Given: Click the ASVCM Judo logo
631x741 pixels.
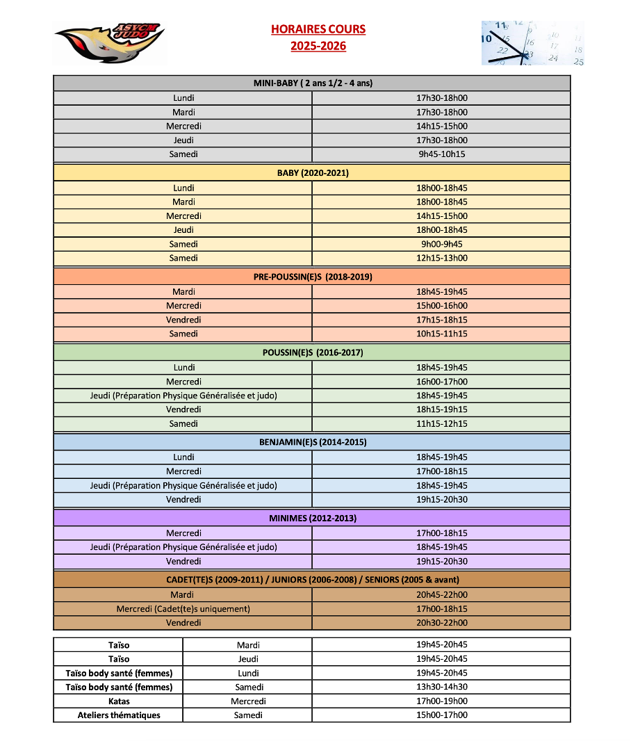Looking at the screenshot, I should (109, 42).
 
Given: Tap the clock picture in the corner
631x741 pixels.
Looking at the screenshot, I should (532, 43).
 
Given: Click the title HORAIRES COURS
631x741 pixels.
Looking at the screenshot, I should (318, 29).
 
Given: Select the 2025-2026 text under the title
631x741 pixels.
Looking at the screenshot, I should (318, 47).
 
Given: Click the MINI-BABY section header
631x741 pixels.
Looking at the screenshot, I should (312, 83).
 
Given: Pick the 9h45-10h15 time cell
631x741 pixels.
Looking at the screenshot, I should (441, 154).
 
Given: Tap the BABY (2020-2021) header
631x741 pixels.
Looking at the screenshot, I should (312, 173).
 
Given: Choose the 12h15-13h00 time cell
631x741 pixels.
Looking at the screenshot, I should (441, 258).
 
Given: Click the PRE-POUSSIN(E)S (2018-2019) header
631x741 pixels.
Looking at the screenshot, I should (312, 277).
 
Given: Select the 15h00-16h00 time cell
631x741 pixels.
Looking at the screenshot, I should (441, 306).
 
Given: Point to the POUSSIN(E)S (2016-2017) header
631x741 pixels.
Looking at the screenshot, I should (312, 352).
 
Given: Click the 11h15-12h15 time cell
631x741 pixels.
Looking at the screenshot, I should (441, 423).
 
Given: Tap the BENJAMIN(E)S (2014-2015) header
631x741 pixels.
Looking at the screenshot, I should (312, 442).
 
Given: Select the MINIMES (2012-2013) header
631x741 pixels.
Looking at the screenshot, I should (312, 518).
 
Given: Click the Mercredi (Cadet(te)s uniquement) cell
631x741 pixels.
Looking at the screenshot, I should (183, 609).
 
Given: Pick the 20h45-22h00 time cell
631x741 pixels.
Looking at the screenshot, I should (441, 595).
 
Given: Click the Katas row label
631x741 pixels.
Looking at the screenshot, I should (119, 701).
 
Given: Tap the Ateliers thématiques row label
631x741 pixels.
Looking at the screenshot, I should (119, 715).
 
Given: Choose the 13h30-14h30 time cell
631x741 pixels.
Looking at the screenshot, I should (441, 687).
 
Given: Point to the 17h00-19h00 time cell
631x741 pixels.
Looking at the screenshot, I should (441, 701).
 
